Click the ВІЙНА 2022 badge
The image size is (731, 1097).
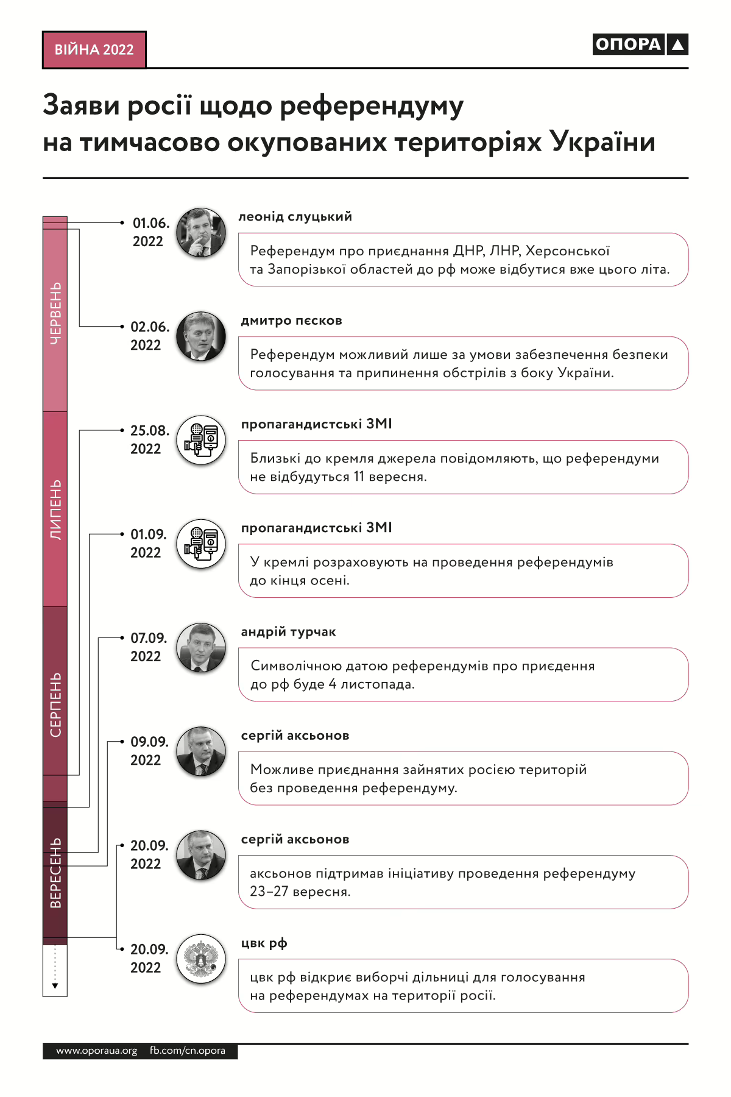[94, 50]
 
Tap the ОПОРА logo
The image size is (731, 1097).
[640, 44]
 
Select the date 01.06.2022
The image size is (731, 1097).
[150, 232]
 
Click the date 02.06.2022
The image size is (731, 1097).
[149, 336]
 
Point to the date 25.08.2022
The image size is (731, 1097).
[149, 439]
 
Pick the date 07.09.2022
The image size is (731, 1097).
[149, 647]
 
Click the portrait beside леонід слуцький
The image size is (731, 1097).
[201, 232]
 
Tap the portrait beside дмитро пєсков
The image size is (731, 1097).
[201, 336]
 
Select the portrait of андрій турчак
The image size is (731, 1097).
[201, 647]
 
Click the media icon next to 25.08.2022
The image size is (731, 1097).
[201, 440]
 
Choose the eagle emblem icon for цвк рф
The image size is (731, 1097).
[201, 959]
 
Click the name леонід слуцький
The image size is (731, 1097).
[295, 217]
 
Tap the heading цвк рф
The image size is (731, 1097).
[264, 943]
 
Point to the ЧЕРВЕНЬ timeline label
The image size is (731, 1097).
[55, 313]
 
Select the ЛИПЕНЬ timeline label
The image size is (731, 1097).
[55, 509]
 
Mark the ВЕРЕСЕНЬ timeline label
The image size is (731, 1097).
[55, 873]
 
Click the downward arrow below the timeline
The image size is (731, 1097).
[55, 984]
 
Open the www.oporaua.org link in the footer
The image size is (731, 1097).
[97, 1051]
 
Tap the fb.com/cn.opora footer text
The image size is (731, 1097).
[188, 1051]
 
